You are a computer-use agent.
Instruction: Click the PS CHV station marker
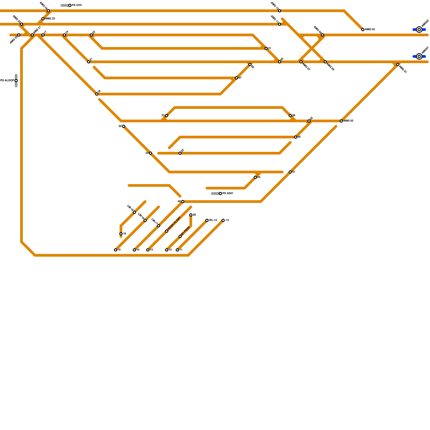point(70,5)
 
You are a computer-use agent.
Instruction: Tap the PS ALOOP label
point(7,81)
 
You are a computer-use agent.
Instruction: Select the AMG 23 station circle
point(43,19)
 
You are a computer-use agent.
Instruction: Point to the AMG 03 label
point(370,30)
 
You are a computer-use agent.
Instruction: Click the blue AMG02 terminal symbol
point(419,30)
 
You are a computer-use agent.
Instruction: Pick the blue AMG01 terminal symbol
point(419,56)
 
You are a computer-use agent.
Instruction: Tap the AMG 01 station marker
point(398,64)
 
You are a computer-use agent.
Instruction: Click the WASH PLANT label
point(174,223)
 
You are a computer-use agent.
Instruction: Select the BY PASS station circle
point(180,236)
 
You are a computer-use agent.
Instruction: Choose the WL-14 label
point(213,220)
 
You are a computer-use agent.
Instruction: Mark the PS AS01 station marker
point(220,193)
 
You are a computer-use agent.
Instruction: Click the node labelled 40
point(183,202)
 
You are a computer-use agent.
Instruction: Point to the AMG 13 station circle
point(279,11)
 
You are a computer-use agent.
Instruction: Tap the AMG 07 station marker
point(301,62)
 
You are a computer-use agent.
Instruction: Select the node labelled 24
point(150,153)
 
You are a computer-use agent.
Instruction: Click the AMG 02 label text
point(348,121)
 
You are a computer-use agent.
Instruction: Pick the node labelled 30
point(191,215)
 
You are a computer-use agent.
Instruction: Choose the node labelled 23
point(167,116)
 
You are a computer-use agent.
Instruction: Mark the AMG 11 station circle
point(279,24)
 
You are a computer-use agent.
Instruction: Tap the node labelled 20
point(124,126)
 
